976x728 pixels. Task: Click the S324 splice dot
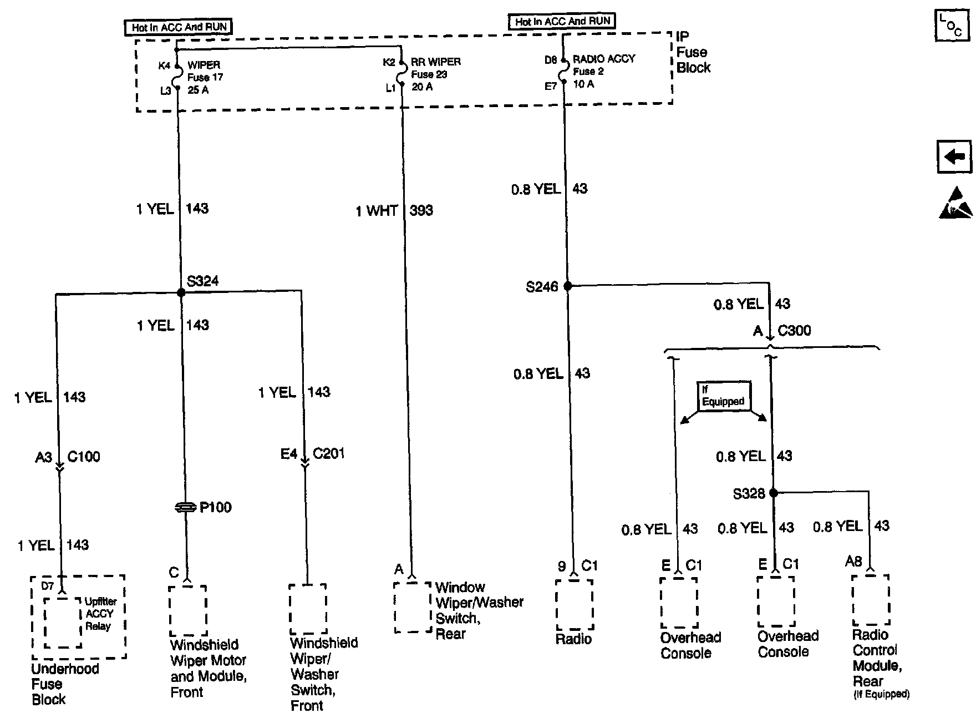click(x=180, y=292)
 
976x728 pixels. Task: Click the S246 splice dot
click(x=567, y=286)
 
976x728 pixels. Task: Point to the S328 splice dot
click(x=774, y=493)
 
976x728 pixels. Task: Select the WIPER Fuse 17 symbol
click(x=177, y=76)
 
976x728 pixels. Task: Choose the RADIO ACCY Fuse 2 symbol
click(x=563, y=72)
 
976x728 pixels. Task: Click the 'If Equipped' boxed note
click(x=723, y=396)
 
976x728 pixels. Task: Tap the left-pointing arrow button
click(x=954, y=157)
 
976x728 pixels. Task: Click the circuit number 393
click(x=421, y=211)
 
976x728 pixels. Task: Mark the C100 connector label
click(x=84, y=457)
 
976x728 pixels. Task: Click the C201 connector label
click(x=329, y=454)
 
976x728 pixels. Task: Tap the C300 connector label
click(x=794, y=331)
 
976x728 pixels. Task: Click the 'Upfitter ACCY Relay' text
click(x=100, y=614)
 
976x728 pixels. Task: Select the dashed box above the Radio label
click(x=574, y=605)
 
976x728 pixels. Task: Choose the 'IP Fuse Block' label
click(x=693, y=53)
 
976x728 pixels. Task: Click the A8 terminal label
click(x=853, y=562)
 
